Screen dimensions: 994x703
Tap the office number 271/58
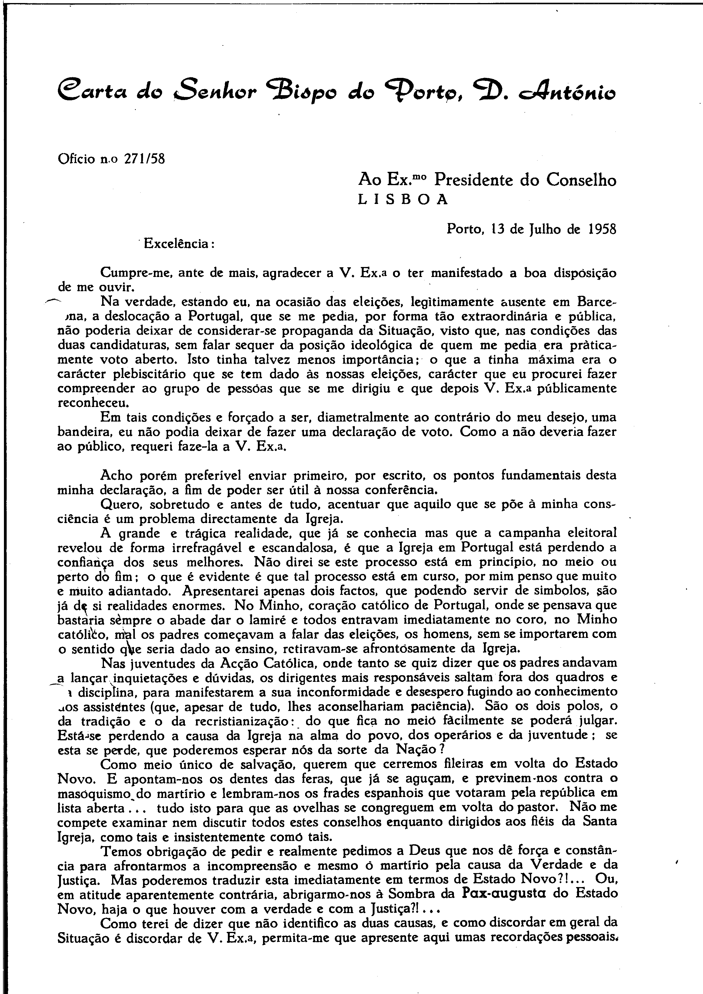click(145, 159)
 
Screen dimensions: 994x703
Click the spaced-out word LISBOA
click(403, 199)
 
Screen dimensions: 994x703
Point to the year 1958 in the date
click(602, 228)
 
